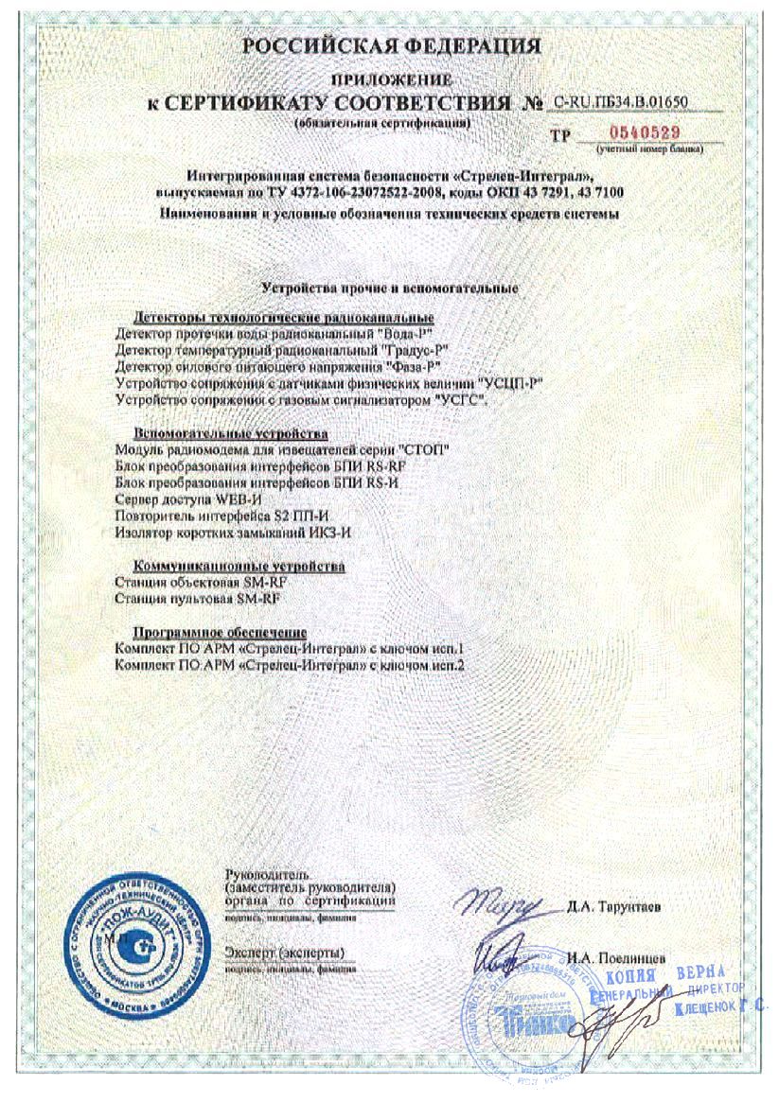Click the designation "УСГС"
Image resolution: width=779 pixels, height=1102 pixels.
tap(461, 398)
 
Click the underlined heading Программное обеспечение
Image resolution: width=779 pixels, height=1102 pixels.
tap(220, 632)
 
